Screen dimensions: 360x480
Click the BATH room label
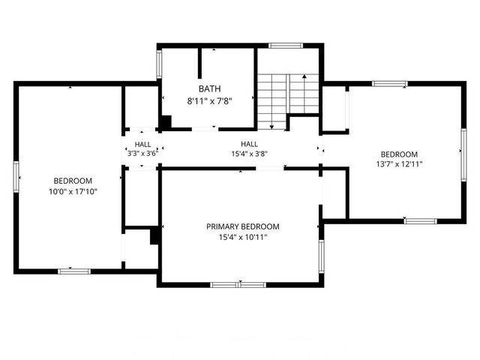[210, 88]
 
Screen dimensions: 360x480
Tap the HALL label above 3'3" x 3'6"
[142, 144]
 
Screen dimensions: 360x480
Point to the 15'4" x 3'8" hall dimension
[249, 154]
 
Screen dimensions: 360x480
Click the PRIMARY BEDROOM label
[243, 226]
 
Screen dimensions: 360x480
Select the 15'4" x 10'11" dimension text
[243, 238]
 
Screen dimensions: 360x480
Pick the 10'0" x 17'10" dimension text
[73, 192]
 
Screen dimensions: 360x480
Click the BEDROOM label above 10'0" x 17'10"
[73, 181]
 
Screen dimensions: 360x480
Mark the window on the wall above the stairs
[286, 46]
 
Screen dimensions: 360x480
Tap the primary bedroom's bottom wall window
[238, 284]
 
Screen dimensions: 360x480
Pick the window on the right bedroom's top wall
[390, 83]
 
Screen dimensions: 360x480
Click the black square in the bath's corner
[166, 122]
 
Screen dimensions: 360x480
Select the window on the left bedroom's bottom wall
[74, 271]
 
